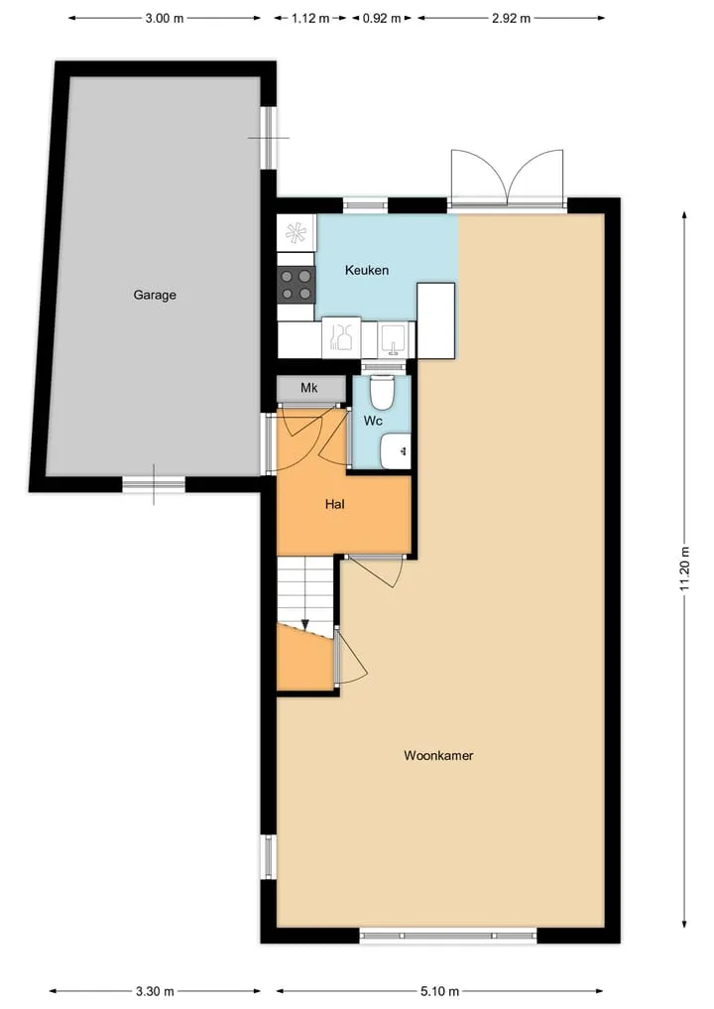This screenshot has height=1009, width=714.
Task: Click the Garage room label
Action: tap(155, 296)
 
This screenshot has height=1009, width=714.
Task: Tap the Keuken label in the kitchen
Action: tap(367, 270)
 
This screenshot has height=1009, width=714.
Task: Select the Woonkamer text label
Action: tap(438, 755)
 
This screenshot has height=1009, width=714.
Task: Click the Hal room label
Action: tap(334, 504)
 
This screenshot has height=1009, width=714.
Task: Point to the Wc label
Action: tap(373, 421)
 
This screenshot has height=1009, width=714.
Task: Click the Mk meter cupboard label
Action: tap(309, 388)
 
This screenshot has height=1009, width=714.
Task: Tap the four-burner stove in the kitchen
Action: tap(297, 285)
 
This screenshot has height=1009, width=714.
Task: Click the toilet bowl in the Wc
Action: tap(382, 392)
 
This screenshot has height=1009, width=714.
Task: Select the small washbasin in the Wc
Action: tap(395, 451)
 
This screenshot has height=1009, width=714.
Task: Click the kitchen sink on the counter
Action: tap(392, 339)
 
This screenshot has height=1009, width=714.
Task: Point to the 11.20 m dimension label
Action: tap(684, 568)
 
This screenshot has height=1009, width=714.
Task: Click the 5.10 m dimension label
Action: tap(440, 991)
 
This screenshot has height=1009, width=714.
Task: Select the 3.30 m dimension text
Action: tap(155, 991)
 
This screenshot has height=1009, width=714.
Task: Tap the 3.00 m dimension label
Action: tap(165, 18)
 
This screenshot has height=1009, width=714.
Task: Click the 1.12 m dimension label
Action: tap(310, 18)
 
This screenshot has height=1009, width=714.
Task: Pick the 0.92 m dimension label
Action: tap(382, 18)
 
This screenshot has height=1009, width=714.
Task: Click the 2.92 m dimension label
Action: tap(512, 18)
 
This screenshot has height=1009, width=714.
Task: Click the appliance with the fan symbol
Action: tap(297, 233)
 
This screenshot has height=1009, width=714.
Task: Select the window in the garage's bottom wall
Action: tap(154, 484)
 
